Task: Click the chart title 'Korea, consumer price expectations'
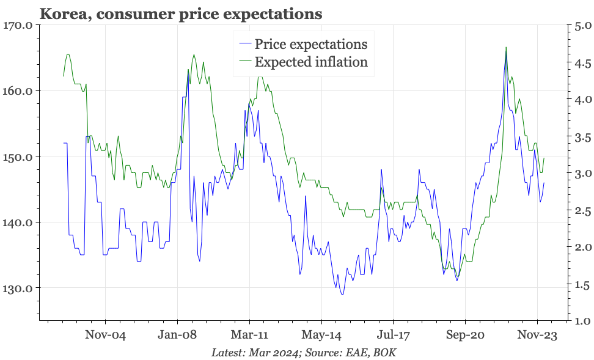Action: click(x=180, y=12)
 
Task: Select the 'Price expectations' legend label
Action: click(x=310, y=44)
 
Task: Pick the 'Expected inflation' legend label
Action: click(x=311, y=62)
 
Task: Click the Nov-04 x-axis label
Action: click(x=105, y=336)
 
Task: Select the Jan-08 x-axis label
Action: click(x=177, y=336)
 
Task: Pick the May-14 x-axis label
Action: click(x=321, y=336)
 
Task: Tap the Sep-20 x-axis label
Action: click(x=465, y=336)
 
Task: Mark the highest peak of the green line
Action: click(x=506, y=47)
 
